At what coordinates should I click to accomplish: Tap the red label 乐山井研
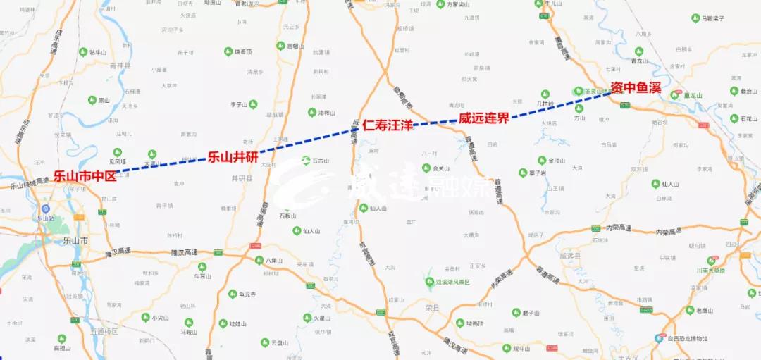pos(232,156)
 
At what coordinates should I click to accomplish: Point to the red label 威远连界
pos(483,118)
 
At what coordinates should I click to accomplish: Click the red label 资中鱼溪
pos(636,87)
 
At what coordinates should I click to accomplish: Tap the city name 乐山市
pos(75,241)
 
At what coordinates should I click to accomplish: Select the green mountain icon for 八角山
pos(259,261)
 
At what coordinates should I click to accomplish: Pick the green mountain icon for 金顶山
pos(542,160)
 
